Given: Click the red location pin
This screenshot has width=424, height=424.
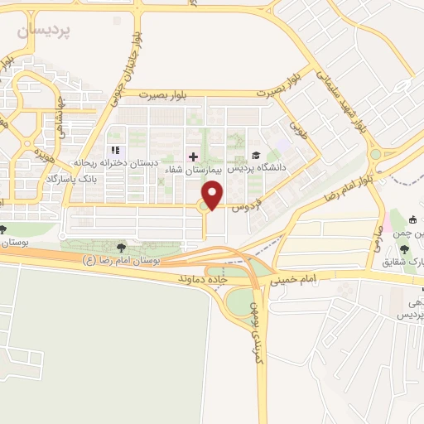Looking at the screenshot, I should (x=213, y=195).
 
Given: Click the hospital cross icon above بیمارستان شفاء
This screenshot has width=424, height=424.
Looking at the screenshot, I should (x=193, y=156).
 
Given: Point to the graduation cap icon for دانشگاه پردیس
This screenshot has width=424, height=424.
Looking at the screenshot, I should (x=256, y=155).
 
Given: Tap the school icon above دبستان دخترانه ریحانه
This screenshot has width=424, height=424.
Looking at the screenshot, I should (x=115, y=150).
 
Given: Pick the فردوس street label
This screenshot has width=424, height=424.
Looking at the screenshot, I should (x=246, y=202).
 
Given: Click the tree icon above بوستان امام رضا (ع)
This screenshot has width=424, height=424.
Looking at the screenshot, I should (x=122, y=247).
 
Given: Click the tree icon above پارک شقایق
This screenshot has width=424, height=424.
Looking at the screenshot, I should (x=403, y=249).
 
